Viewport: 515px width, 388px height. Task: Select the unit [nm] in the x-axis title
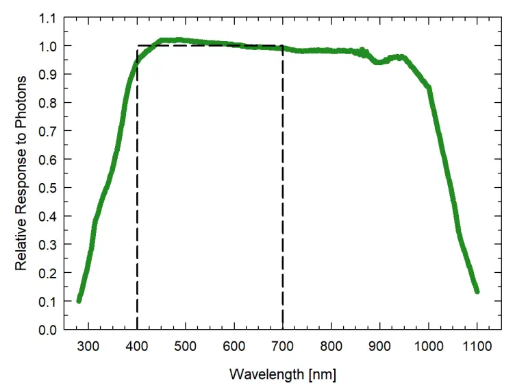tap(322, 374)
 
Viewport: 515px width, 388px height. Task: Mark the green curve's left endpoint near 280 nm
tap(79, 300)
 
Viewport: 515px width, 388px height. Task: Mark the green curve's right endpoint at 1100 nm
tap(477, 291)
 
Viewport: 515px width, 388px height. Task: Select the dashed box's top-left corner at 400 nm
tap(138, 46)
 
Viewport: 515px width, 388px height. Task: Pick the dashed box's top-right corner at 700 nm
tap(283, 46)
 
